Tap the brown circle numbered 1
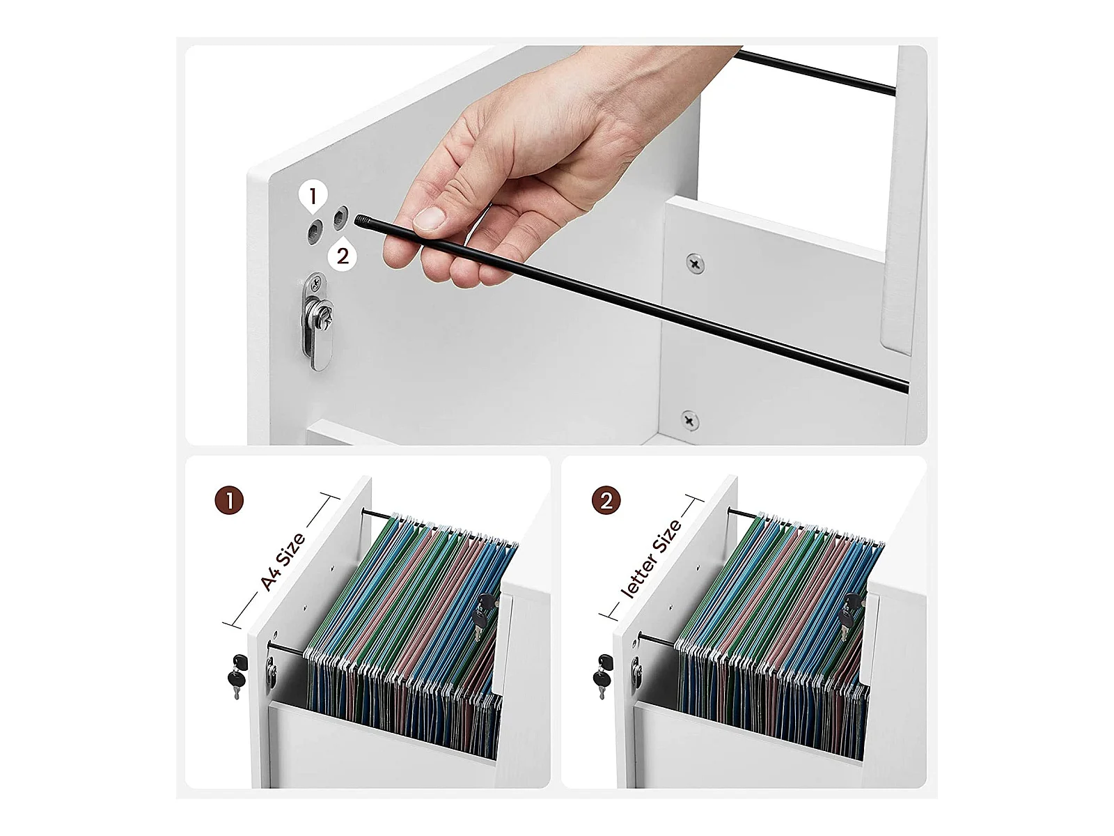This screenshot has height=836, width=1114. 229,501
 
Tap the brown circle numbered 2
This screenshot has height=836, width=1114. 606,501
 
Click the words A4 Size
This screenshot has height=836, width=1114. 283,562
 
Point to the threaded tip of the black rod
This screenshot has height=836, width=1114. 362,222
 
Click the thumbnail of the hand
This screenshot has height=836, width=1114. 430,219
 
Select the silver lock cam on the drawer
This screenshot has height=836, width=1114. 318,323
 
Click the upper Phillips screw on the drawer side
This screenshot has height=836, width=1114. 695,263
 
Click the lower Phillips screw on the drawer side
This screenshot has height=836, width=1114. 689,420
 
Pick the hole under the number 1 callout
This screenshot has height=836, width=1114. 315,232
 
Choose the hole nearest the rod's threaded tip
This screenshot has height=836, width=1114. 340,218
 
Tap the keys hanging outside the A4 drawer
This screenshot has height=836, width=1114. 237,676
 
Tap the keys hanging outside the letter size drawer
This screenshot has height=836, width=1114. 602,676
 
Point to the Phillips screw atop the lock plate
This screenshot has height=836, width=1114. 317,279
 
